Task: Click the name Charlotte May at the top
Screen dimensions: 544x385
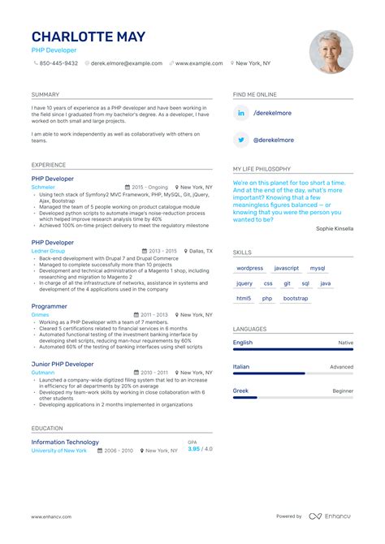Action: [89, 37]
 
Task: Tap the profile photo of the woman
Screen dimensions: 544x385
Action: [331, 52]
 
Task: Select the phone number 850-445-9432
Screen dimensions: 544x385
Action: [58, 63]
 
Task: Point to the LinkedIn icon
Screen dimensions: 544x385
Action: [241, 113]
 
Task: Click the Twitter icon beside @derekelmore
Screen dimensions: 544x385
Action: [241, 140]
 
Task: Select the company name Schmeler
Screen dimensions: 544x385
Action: [43, 187]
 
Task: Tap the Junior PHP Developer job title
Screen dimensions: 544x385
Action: [63, 365]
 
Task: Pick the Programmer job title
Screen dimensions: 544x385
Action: [50, 306]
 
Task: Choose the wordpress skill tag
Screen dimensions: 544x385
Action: [250, 268]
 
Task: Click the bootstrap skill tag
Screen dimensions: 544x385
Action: [296, 298]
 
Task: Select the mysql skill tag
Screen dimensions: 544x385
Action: [317, 268]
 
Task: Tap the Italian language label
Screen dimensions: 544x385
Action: [242, 367]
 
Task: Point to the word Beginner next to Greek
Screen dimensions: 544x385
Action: [343, 391]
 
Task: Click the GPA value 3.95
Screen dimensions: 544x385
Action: [194, 449]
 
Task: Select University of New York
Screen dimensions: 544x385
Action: [59, 450]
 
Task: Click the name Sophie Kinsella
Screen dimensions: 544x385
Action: [335, 229]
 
